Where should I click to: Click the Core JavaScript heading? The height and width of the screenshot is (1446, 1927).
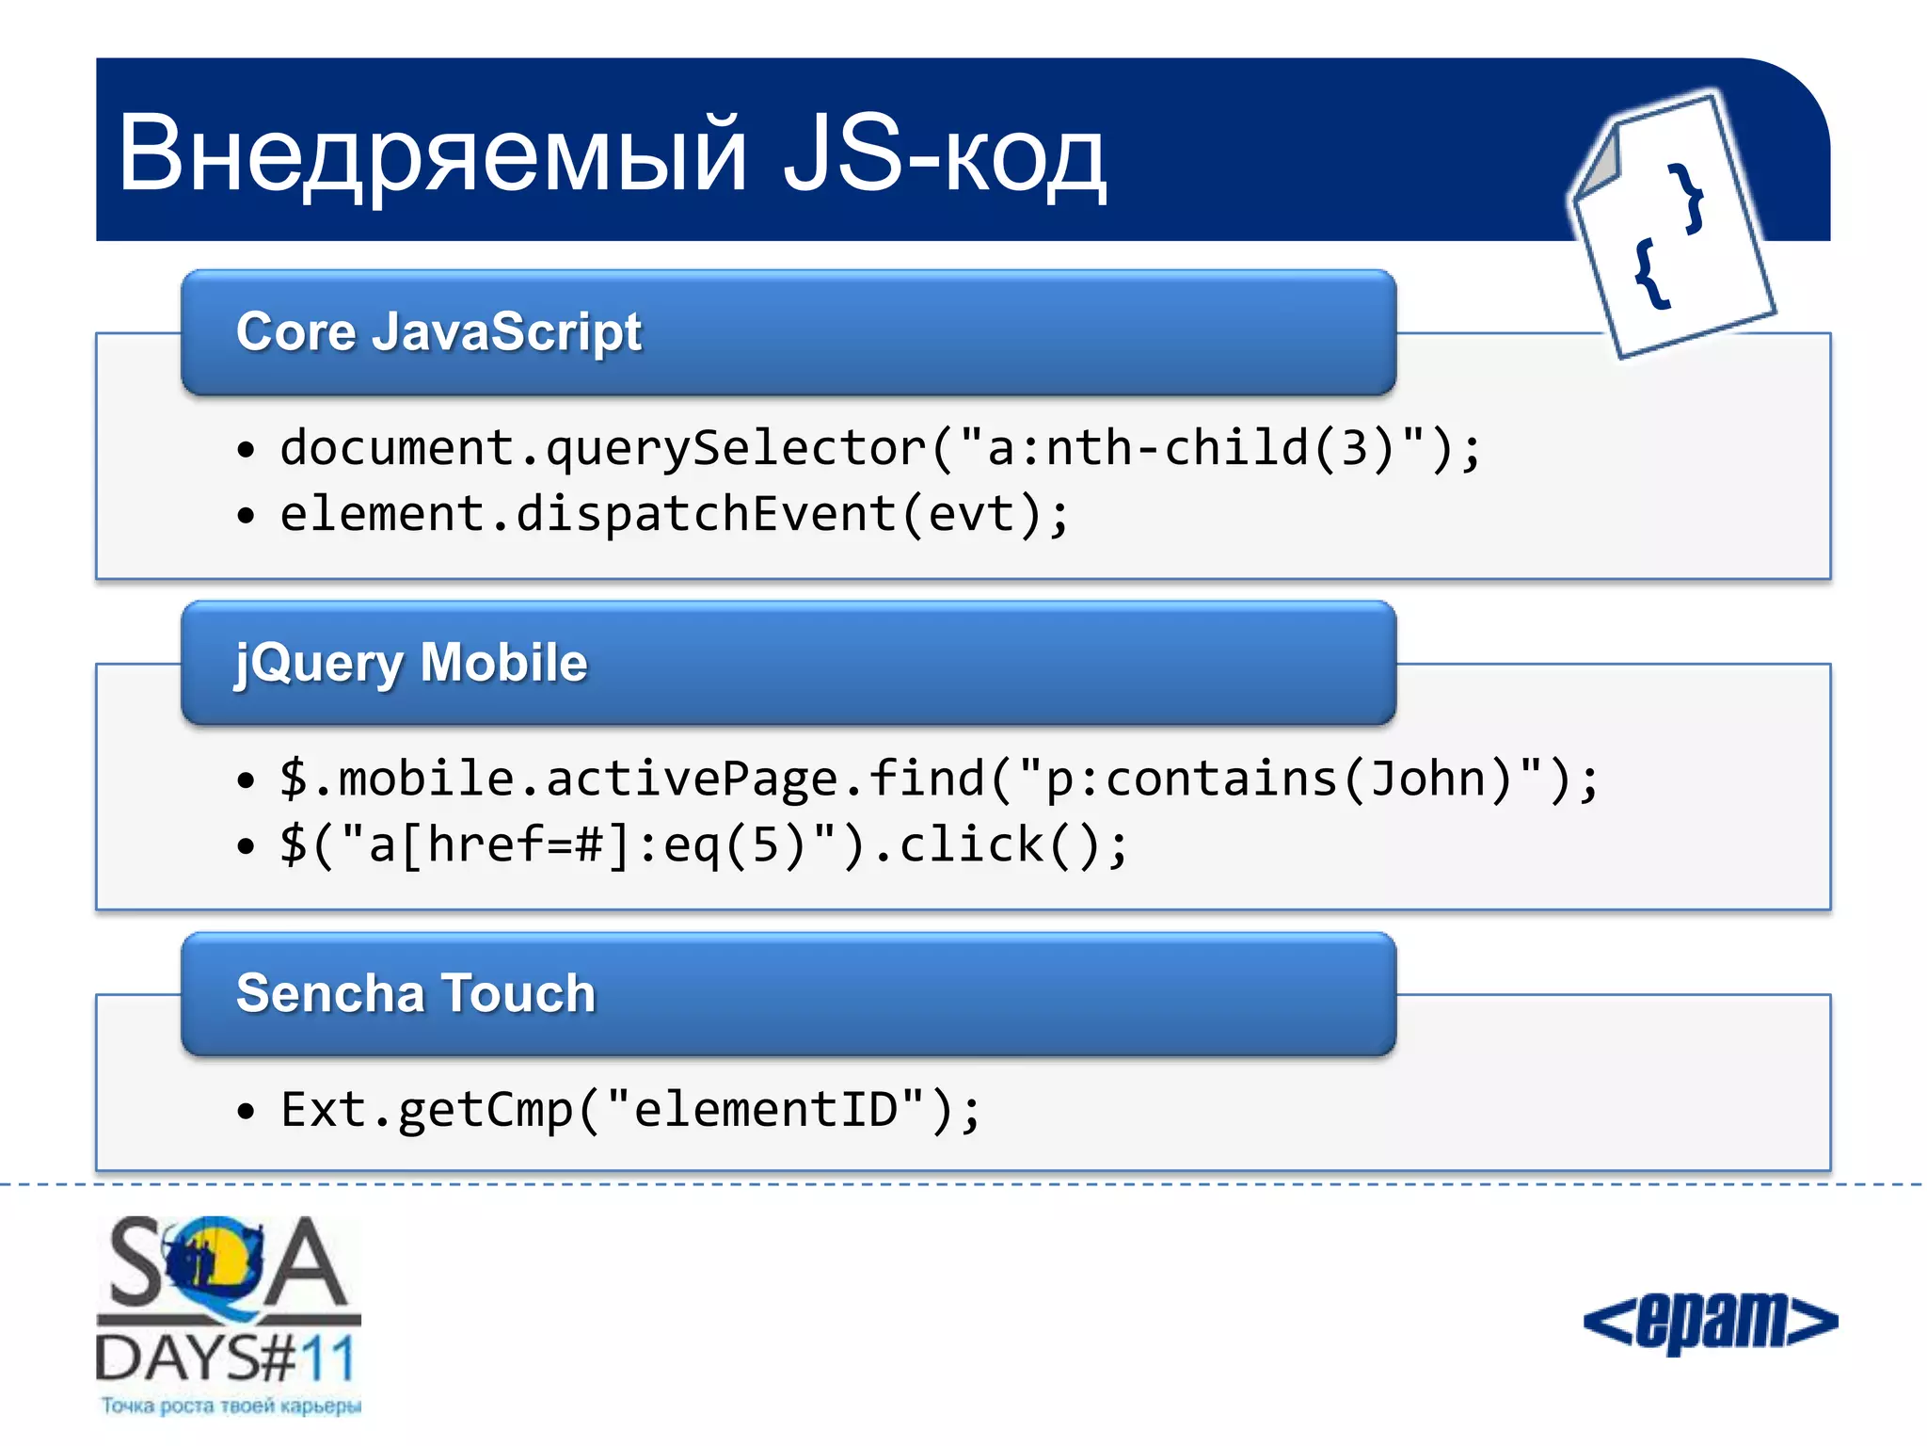click(x=438, y=332)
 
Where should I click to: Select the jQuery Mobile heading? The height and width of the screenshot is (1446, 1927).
click(x=411, y=663)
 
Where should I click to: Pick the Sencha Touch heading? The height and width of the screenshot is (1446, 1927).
click(x=416, y=994)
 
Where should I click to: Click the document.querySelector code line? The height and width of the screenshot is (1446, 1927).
click(x=880, y=448)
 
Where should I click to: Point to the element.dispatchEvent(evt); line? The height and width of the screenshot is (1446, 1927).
click(x=675, y=515)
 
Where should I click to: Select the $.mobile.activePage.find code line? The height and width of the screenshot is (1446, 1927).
click(x=938, y=779)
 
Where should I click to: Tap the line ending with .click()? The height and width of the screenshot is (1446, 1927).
click(x=703, y=845)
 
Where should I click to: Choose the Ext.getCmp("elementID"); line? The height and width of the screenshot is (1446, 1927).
click(x=630, y=1110)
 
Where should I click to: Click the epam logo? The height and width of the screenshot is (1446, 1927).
click(x=1710, y=1321)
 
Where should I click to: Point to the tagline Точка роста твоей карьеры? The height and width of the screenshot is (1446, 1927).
click(x=231, y=1406)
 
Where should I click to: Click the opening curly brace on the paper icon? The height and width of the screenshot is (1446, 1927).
click(x=1651, y=274)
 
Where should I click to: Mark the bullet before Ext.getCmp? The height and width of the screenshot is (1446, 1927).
click(x=247, y=1112)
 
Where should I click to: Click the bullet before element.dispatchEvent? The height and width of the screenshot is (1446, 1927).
click(x=247, y=516)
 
